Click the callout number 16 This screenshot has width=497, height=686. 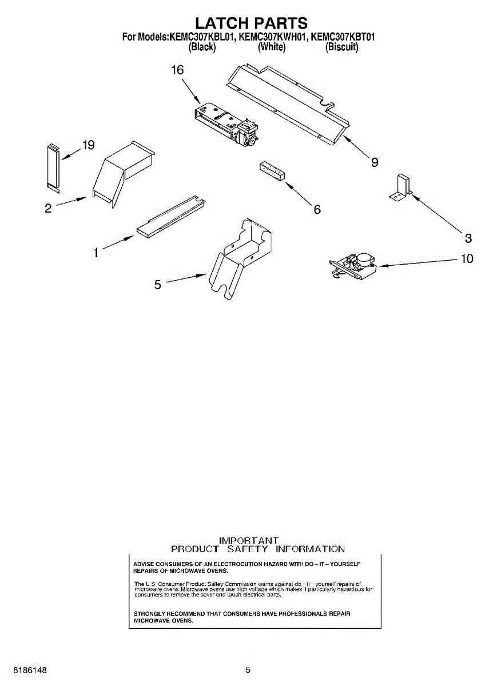[x=177, y=70]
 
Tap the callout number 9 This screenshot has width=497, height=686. [x=374, y=163]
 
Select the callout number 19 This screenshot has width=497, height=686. [x=88, y=145]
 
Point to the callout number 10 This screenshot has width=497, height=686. [x=467, y=259]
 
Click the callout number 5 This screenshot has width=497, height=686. [x=158, y=284]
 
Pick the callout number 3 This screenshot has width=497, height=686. [x=468, y=238]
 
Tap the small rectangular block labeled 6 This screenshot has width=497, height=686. [x=272, y=171]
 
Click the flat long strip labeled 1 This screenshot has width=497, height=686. [x=170, y=217]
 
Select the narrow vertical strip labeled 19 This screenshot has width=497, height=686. [x=52, y=166]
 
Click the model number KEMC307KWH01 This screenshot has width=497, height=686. [x=272, y=37]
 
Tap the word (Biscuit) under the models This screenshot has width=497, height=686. [x=341, y=47]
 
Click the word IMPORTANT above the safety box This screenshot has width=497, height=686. [x=249, y=540]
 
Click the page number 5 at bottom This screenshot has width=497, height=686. [x=248, y=669]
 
